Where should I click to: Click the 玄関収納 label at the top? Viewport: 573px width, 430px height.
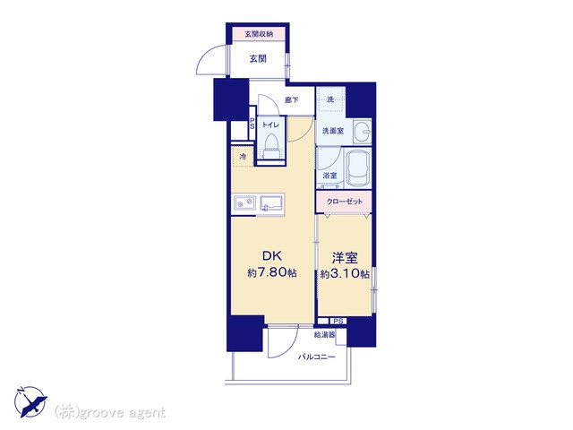click(x=259, y=34)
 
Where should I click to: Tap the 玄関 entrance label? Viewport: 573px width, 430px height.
click(x=258, y=58)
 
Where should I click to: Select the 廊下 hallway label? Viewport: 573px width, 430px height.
click(x=292, y=99)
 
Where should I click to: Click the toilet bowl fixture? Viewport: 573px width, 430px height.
click(x=270, y=146)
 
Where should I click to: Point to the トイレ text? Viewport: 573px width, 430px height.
click(x=270, y=125)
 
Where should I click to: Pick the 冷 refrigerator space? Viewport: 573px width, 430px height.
click(x=243, y=157)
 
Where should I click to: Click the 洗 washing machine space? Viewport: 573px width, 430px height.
click(x=330, y=99)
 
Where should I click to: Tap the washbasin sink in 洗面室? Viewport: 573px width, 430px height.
click(x=363, y=132)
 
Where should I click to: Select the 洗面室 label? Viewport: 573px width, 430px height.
click(x=333, y=131)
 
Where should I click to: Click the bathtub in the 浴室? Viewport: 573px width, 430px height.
click(x=358, y=168)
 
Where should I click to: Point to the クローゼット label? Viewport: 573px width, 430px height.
click(x=345, y=202)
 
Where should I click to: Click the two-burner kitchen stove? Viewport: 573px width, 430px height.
click(x=244, y=203)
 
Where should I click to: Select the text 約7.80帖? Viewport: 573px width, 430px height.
click(x=272, y=272)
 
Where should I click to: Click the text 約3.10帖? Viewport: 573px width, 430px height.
click(x=345, y=274)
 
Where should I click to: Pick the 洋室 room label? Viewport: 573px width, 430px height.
click(x=345, y=258)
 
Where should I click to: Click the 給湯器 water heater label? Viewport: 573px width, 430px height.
click(x=324, y=334)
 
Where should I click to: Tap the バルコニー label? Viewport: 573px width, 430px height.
click(x=316, y=357)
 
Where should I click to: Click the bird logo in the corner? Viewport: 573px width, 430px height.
click(x=30, y=402)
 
